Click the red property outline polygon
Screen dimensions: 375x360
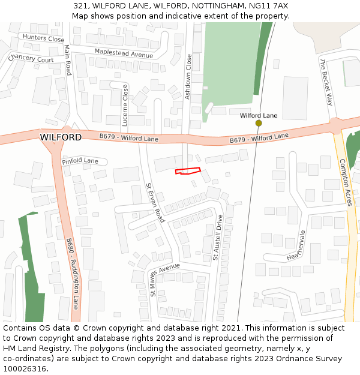point(187,172)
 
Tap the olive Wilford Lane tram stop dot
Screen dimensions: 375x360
point(259,123)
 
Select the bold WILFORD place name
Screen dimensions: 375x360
point(61,137)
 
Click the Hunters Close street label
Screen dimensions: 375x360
point(43,38)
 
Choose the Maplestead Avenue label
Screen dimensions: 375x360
point(124,54)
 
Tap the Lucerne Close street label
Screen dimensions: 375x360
point(125,105)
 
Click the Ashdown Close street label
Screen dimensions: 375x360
point(188,76)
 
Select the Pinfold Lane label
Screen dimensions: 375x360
point(80,161)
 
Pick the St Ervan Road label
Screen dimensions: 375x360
point(155,203)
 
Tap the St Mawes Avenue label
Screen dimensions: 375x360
point(165,279)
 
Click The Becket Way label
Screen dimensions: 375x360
point(326,82)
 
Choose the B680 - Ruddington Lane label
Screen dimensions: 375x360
point(73,273)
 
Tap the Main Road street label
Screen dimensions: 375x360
point(68,60)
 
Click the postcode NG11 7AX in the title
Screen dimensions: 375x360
point(269,5)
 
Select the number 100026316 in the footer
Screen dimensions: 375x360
point(25,368)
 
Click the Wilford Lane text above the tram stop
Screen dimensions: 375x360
point(259,115)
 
